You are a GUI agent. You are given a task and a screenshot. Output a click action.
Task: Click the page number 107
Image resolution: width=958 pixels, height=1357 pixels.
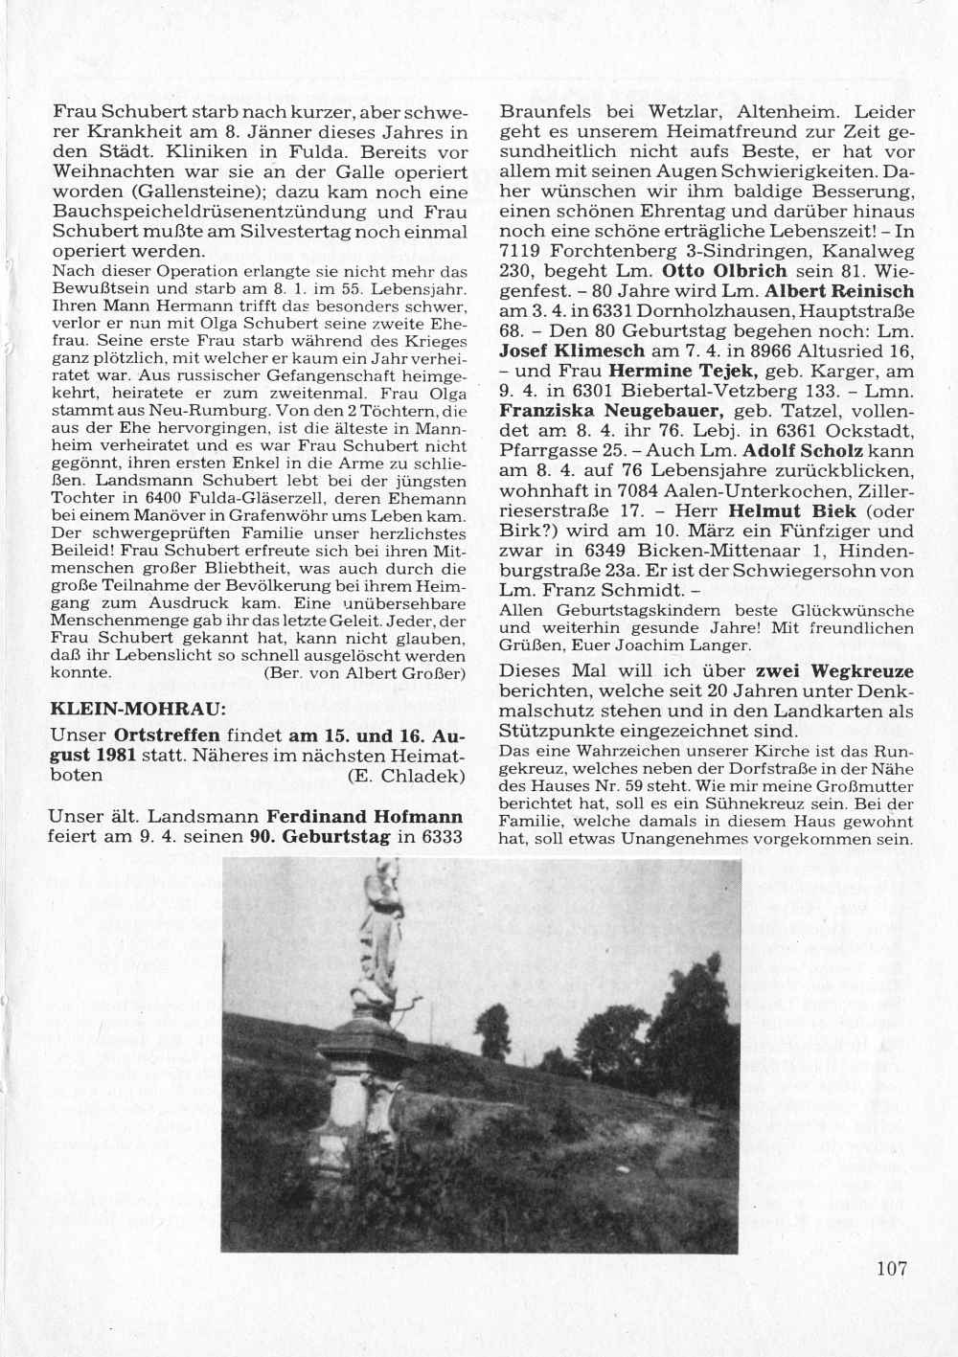pos(890,1269)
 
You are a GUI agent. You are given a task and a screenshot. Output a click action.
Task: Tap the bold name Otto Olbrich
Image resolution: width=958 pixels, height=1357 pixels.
pos(738,271)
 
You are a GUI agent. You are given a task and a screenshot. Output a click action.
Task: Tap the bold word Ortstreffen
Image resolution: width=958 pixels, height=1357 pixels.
pos(167,736)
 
